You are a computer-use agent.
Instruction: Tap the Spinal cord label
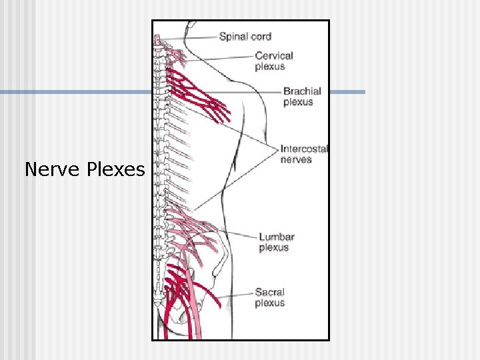click(x=245, y=37)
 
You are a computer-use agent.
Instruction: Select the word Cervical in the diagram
click(x=273, y=56)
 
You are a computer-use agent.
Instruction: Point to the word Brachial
click(x=302, y=91)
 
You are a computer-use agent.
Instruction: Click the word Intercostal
click(x=304, y=149)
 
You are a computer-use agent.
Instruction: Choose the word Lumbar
click(x=277, y=237)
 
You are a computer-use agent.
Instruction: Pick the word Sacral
click(x=269, y=292)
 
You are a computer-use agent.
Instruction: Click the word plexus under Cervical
click(x=269, y=67)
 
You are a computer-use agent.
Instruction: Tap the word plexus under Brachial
click(x=298, y=102)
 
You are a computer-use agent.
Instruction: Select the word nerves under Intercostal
click(x=296, y=159)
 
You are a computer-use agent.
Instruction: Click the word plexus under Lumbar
click(x=273, y=247)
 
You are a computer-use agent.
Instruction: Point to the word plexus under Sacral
click(x=269, y=303)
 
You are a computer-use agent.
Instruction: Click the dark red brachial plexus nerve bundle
click(x=200, y=97)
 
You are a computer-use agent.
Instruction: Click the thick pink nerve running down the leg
click(x=195, y=300)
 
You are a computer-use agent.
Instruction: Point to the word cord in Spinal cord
click(x=261, y=37)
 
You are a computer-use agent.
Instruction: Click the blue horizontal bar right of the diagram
click(x=347, y=92)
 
